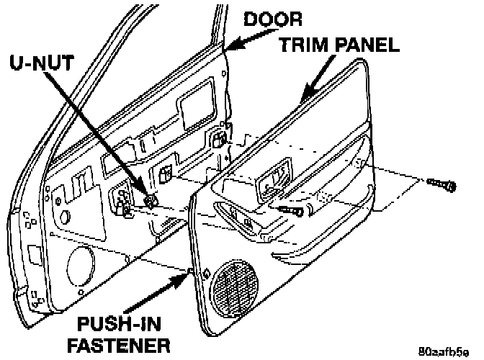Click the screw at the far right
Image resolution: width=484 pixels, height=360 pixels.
(440, 184)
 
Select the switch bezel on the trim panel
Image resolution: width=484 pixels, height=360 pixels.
(272, 181)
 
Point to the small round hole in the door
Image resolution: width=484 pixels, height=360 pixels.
(65, 215)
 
